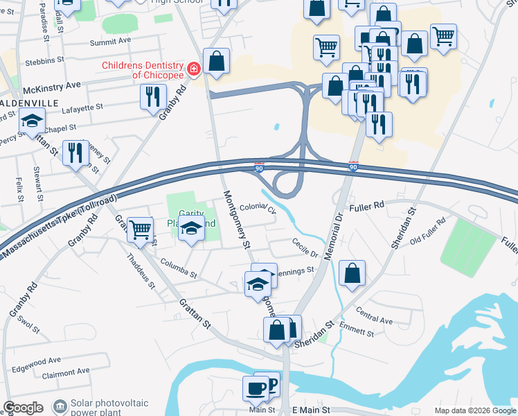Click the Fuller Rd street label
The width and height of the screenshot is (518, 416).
click(x=367, y=206)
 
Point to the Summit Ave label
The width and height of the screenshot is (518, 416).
click(x=110, y=42)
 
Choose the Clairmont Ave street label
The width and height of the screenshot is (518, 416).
click(x=66, y=371)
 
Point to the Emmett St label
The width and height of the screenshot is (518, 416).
click(x=360, y=331)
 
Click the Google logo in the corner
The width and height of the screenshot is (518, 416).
click(x=23, y=408)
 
